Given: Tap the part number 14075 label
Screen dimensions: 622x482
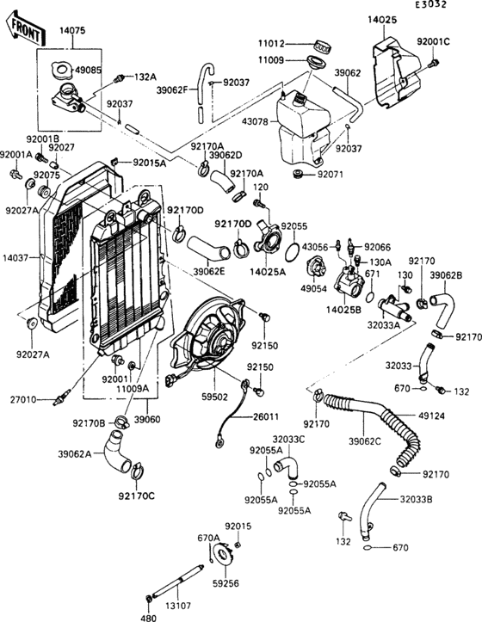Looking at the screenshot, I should pyautogui.click(x=71, y=30).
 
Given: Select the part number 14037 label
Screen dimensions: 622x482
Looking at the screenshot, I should pyautogui.click(x=15, y=257).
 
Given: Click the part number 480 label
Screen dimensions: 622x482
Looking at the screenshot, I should pyautogui.click(x=149, y=617).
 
